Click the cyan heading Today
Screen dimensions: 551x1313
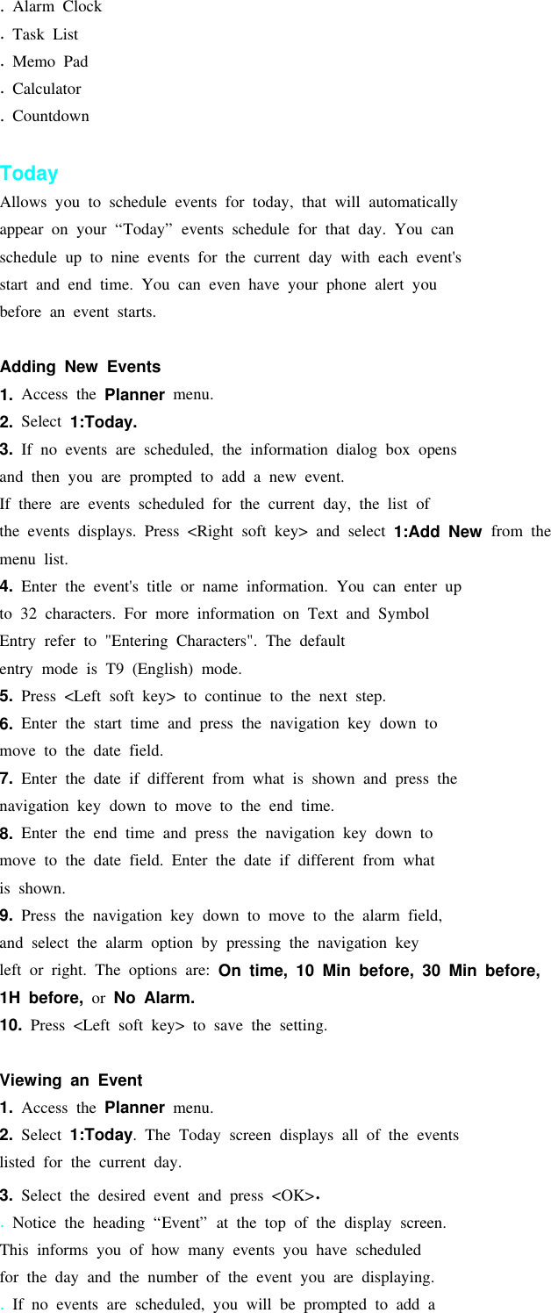click(29, 174)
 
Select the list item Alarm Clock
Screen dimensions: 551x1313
click(56, 7)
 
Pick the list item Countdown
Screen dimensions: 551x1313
click(50, 116)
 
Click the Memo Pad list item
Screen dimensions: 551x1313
click(50, 61)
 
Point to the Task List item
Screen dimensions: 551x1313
click(45, 34)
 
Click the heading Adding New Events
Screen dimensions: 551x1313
click(80, 367)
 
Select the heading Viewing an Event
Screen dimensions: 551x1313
click(71, 1080)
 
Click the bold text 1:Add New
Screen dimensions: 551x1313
click(437, 532)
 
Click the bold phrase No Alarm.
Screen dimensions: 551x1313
click(154, 999)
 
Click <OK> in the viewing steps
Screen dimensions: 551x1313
click(292, 1195)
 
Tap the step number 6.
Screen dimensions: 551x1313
click(6, 724)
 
